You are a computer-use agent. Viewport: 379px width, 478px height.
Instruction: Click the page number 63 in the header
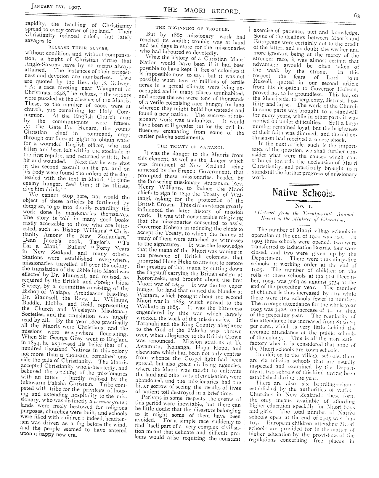356,17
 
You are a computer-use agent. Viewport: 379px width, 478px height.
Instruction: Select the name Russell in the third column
261,83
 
